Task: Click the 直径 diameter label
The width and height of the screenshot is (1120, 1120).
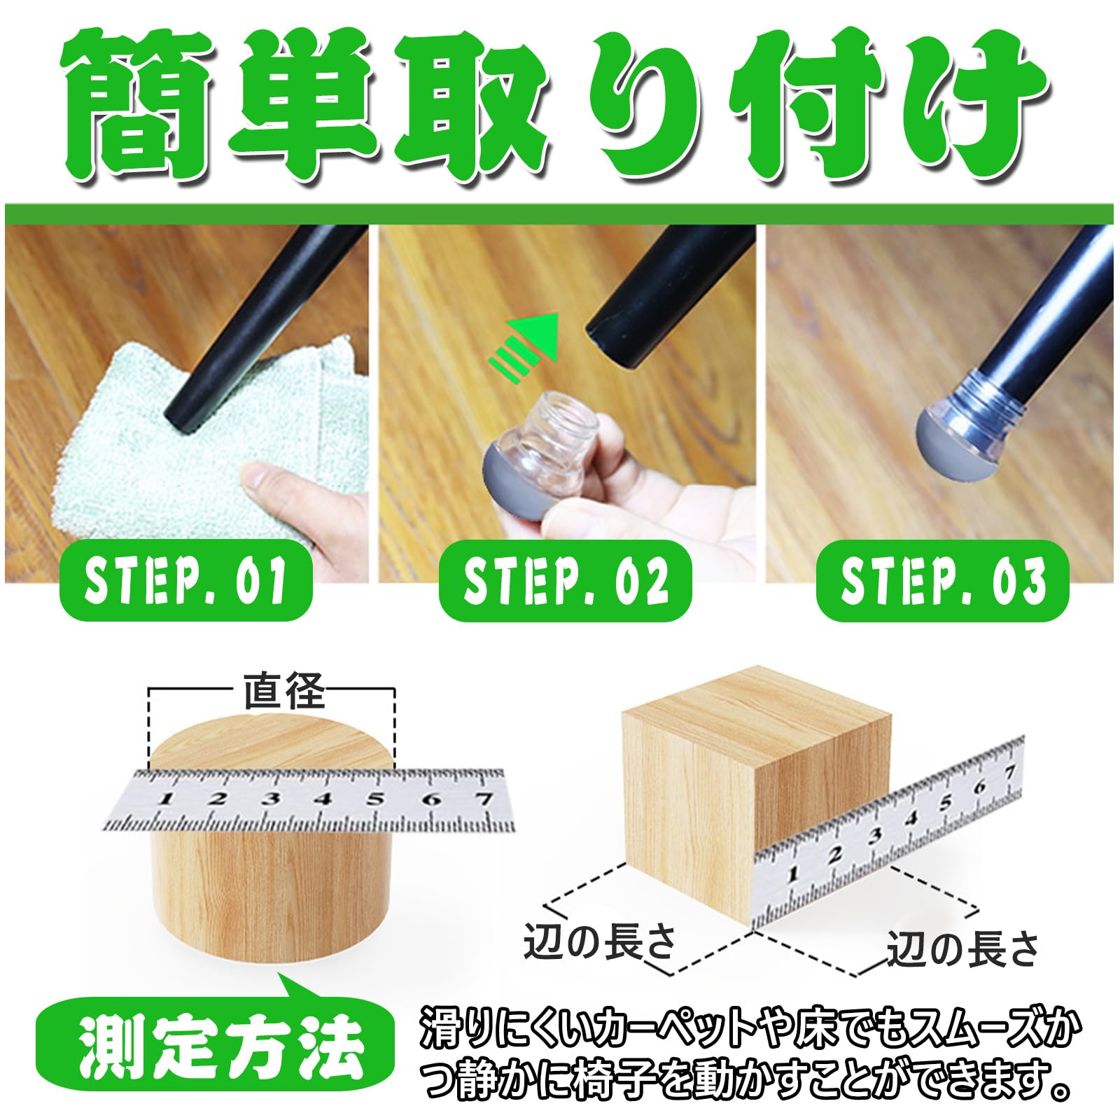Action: (x=283, y=691)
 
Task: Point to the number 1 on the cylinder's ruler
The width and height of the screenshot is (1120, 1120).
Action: (x=167, y=799)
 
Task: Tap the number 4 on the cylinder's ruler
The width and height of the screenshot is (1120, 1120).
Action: (x=323, y=799)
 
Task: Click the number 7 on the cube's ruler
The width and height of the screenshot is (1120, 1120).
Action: (x=1009, y=773)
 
